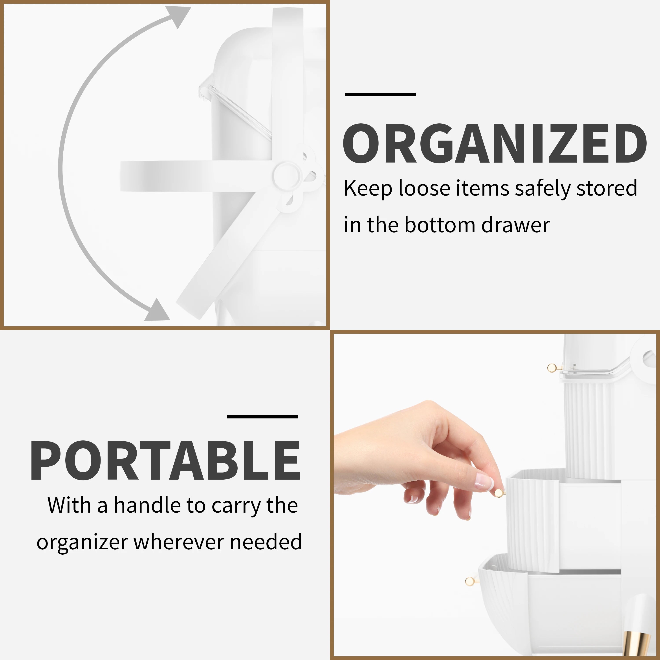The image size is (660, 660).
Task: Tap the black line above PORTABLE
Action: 262,416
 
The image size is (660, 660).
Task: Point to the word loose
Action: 424,188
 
